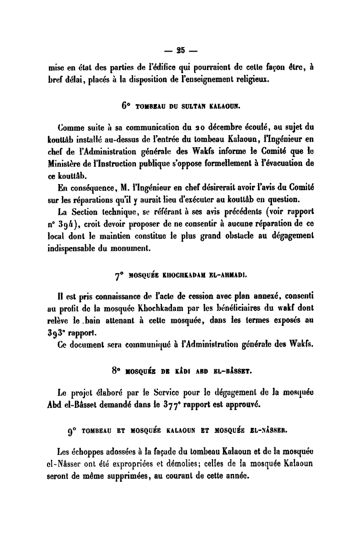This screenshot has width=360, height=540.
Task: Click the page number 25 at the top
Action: [x=180, y=49]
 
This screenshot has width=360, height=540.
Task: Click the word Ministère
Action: [x=64, y=161]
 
